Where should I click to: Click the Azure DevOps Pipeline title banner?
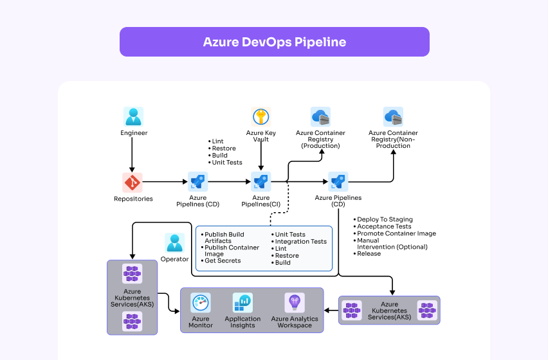tap(274, 42)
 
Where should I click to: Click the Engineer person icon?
tap(133, 116)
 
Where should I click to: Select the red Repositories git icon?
tap(132, 183)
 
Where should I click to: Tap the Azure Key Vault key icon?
tap(260, 116)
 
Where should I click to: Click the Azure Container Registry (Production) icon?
tap(320, 116)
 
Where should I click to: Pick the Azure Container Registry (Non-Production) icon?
tap(393, 116)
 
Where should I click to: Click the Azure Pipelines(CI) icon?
tap(260, 182)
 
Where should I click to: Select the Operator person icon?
tap(174, 242)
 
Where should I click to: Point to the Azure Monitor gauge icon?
tap(201, 303)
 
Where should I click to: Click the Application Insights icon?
tap(242, 303)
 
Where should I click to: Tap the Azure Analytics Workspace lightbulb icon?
tap(295, 303)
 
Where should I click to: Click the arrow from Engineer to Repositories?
tap(132, 154)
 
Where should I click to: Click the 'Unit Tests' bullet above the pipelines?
tap(228, 163)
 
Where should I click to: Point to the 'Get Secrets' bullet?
tap(222, 260)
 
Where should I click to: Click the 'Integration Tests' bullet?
tap(300, 242)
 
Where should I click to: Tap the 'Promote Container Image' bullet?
tap(396, 233)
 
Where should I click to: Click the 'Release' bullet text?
tap(369, 253)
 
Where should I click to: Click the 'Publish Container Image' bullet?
tap(231, 251)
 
